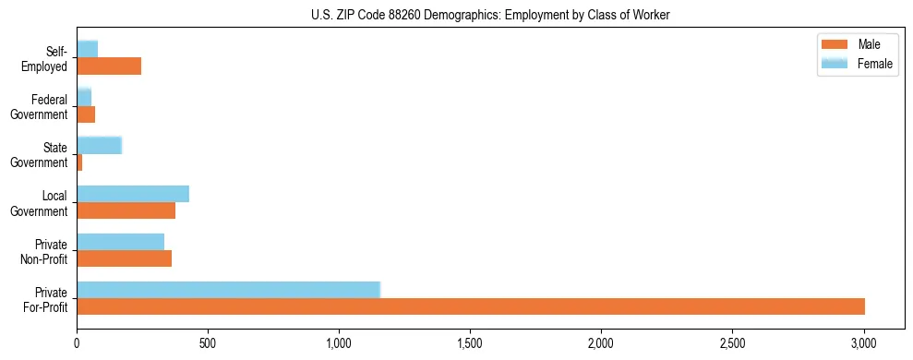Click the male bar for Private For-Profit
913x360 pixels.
pos(471,306)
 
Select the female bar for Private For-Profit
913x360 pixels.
pos(228,290)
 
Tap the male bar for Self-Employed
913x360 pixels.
pos(109,66)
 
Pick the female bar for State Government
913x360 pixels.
pos(99,145)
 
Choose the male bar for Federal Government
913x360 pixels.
pos(86,114)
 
